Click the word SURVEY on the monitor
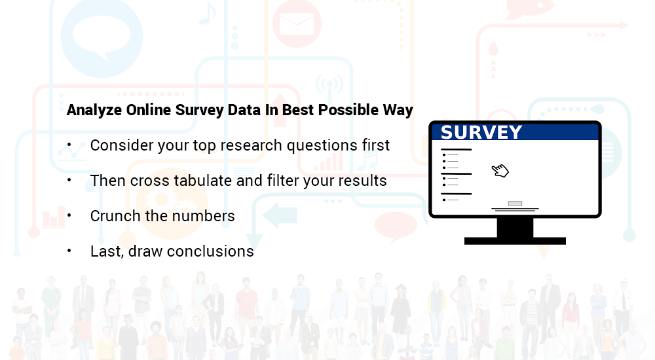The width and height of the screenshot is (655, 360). tap(481, 132)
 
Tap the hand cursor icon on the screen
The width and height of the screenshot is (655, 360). tap(500, 171)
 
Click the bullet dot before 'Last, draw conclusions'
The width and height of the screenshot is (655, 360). tap(69, 251)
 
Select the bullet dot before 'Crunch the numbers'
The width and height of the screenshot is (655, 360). tap(69, 215)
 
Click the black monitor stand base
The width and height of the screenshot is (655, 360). tap(515, 241)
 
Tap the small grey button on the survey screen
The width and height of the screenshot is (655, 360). tap(515, 204)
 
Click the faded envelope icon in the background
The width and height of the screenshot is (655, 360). tap(297, 24)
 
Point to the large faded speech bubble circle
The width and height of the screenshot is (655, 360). tap(102, 37)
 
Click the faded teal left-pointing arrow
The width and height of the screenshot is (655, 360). tap(280, 215)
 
